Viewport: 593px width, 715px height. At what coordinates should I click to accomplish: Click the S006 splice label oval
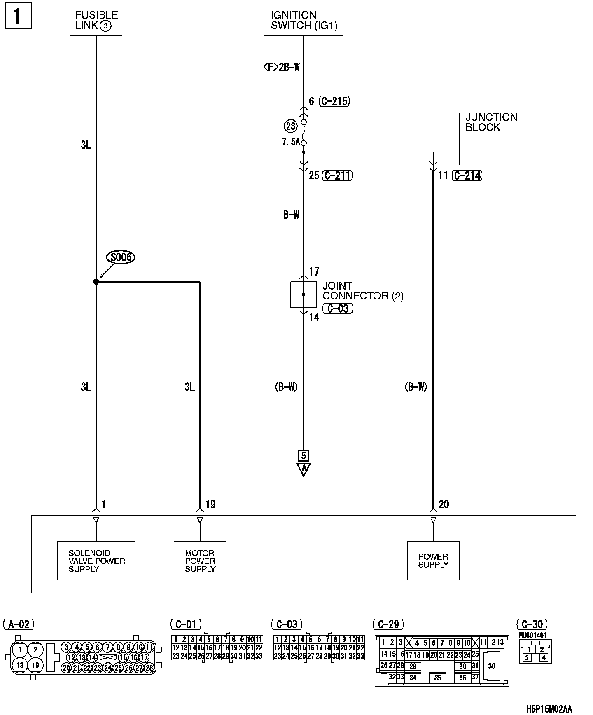click(121, 257)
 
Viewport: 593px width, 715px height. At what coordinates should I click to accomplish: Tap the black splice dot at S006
click(96, 282)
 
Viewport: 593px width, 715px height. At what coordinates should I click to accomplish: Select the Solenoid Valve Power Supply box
click(96, 561)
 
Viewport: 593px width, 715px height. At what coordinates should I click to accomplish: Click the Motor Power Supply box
click(200, 561)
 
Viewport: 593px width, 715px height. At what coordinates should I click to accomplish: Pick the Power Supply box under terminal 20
click(433, 561)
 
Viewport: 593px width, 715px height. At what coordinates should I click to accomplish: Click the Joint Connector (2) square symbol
click(304, 294)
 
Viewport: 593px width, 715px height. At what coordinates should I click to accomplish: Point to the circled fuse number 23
click(291, 126)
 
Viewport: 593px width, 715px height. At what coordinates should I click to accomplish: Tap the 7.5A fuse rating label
click(291, 142)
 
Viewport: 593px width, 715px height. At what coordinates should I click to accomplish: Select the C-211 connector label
click(337, 175)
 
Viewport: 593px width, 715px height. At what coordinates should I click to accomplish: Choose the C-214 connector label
click(467, 175)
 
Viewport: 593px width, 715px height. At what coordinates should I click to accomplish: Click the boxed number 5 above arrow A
click(304, 456)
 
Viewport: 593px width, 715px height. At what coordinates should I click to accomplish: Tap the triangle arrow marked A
click(304, 469)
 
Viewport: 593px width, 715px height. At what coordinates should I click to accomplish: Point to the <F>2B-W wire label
click(281, 67)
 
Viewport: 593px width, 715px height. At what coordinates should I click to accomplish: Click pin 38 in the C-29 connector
click(492, 666)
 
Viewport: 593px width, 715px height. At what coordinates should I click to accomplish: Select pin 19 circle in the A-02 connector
click(35, 665)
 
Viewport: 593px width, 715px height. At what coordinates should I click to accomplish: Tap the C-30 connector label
click(532, 624)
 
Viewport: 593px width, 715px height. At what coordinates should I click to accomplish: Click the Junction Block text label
click(491, 122)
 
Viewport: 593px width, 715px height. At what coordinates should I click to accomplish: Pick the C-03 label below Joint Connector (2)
click(338, 308)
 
